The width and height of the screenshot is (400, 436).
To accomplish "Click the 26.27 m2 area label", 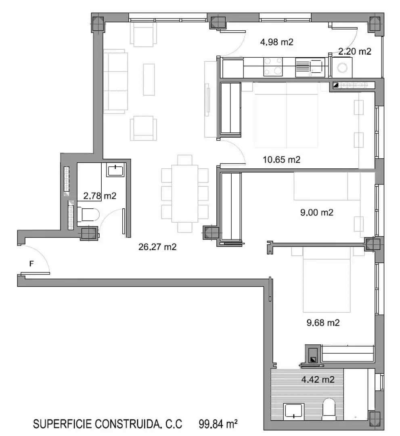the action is point(157,247).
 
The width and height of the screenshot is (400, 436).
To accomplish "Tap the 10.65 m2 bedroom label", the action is point(282,159).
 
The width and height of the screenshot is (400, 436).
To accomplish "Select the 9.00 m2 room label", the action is point(316,212).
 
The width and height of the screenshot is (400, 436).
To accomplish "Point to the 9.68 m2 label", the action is point(323,323).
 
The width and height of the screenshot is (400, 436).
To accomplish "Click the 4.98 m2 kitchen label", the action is point(276,42).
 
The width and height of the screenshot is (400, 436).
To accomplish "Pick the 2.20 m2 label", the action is point(355,51).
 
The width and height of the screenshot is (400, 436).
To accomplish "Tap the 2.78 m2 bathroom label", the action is point(100,196).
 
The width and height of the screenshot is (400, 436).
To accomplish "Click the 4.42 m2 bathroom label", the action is point(318,379).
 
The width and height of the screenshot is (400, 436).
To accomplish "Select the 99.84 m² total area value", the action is point(218,424).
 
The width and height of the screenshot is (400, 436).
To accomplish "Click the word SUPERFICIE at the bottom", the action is point(63,424).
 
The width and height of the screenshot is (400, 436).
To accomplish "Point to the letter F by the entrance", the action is point(32,263).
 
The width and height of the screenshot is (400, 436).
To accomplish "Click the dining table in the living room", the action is point(185,193).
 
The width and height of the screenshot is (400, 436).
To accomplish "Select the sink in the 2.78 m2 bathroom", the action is point(115,170).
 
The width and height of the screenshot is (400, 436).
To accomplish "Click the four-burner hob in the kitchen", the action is point(273,67).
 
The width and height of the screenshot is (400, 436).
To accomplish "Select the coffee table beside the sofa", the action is point(149,80).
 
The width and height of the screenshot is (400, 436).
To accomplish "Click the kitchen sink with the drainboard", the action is point(310,67).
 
